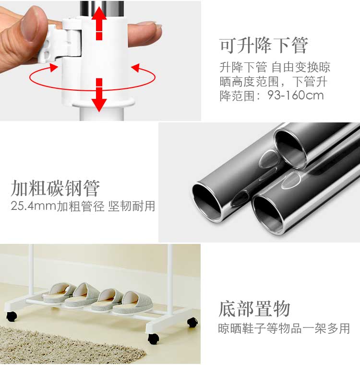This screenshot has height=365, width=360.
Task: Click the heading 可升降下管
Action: (x=264, y=45)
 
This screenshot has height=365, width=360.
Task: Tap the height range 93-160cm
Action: (x=296, y=95)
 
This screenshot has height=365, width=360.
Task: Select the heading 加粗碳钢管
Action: (x=55, y=188)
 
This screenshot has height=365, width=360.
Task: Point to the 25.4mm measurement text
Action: (x=34, y=206)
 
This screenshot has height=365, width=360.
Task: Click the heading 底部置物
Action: (x=254, y=309)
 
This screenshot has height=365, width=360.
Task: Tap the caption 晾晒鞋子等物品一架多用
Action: (x=284, y=328)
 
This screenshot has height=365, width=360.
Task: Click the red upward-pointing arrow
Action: (x=99, y=23)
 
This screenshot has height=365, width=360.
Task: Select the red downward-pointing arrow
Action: (x=99, y=95)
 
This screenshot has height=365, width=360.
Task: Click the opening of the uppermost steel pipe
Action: (x=290, y=149)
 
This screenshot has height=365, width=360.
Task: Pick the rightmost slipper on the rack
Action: (x=133, y=303)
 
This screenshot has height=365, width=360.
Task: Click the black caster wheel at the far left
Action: (x=12, y=316)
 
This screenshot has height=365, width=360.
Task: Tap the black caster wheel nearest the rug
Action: (x=154, y=339)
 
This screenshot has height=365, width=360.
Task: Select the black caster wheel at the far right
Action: (x=192, y=322)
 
